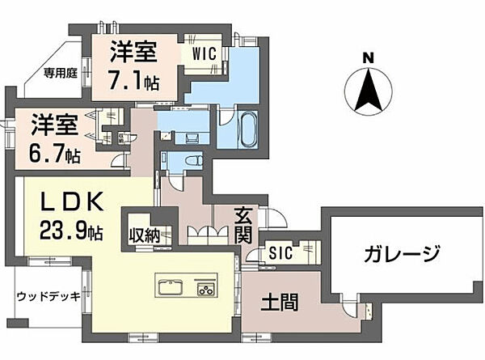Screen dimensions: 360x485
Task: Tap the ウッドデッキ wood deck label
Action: pos(48,297)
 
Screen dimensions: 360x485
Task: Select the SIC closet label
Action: pos(281,252)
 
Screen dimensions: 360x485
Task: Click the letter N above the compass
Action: pos(368,58)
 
